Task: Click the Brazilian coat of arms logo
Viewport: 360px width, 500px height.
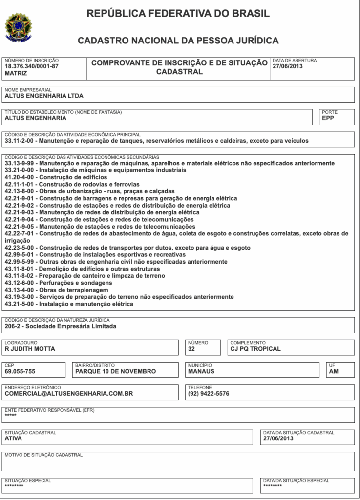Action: (18, 26)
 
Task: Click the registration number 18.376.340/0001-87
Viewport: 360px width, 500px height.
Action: (31, 66)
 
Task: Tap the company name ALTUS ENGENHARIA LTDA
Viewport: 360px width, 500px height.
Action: (44, 96)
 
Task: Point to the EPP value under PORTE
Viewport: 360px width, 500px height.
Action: (328, 118)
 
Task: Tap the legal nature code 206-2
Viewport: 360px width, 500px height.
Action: (13, 326)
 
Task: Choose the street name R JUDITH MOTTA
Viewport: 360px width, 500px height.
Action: (30, 349)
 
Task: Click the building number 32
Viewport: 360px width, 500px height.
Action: (191, 349)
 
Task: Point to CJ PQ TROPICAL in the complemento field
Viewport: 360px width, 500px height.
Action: (255, 349)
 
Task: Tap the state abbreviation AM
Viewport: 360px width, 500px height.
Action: (334, 371)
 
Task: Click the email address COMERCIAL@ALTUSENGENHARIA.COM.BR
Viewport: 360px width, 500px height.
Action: (69, 393)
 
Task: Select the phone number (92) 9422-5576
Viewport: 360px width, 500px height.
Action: (209, 393)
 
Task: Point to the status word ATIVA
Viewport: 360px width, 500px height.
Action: (14, 438)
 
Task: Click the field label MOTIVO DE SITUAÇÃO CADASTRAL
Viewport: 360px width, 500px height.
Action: (43, 455)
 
